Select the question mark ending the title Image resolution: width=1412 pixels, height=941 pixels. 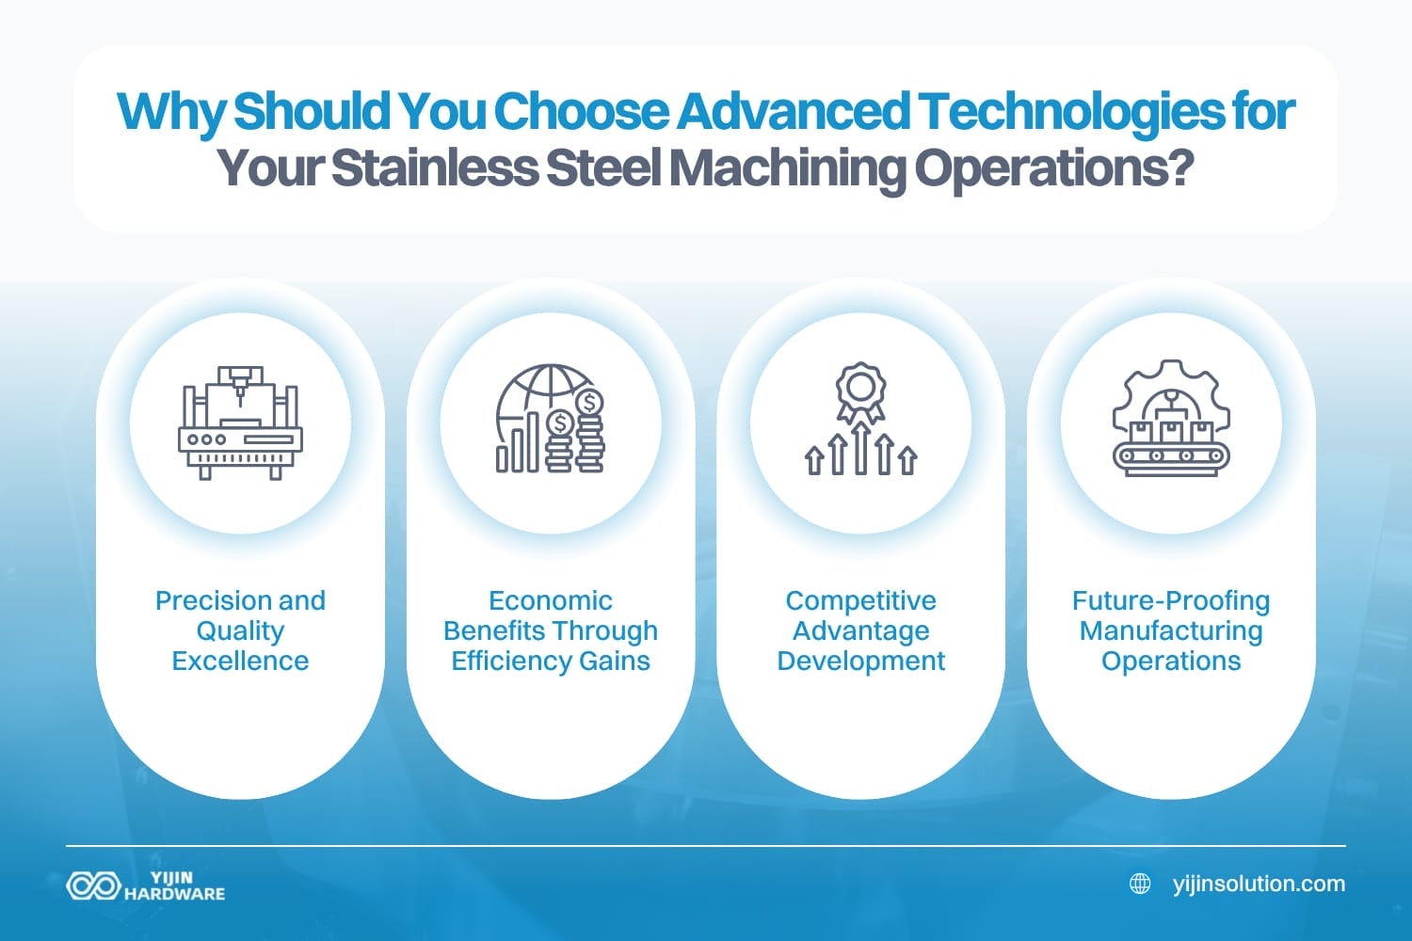(1182, 168)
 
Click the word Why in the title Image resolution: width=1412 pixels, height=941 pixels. (170, 112)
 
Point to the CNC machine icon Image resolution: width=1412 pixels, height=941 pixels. (240, 423)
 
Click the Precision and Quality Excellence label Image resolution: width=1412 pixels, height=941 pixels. (240, 630)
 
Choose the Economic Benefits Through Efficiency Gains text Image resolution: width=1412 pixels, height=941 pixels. (551, 630)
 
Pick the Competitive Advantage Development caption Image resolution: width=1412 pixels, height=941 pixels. (860, 630)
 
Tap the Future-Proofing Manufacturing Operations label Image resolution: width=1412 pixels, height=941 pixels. (1171, 630)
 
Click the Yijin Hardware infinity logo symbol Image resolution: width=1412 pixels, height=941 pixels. (93, 885)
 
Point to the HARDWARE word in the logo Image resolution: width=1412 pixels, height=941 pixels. (175, 894)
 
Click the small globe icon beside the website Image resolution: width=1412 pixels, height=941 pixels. (1140, 884)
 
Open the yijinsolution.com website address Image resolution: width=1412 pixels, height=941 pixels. (1259, 884)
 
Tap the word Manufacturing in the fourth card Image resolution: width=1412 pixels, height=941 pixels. (1171, 630)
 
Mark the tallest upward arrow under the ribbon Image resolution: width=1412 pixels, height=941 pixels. (860, 447)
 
